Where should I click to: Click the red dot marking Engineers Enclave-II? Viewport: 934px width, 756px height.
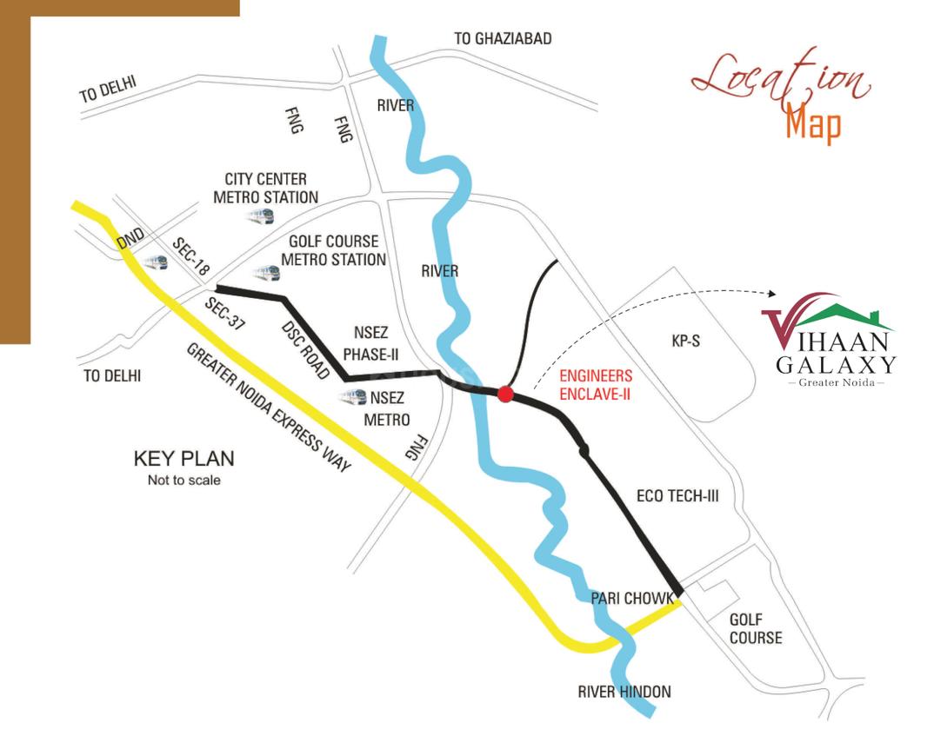click(505, 395)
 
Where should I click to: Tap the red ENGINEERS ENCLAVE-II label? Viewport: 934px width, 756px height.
click(595, 385)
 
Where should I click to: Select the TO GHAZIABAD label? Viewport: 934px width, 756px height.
click(503, 39)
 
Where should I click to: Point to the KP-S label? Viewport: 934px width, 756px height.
click(685, 342)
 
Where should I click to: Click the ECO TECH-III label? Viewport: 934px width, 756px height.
click(677, 496)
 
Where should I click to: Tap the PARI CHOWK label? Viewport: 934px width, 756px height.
click(631, 599)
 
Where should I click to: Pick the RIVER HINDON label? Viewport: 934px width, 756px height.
click(624, 692)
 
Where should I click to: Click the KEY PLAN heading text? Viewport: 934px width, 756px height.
click(183, 459)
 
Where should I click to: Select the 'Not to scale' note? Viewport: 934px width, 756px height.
click(183, 481)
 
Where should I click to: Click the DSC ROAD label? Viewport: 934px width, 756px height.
click(305, 350)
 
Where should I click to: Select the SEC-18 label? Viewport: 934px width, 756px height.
click(190, 258)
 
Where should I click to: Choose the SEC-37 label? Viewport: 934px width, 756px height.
click(224, 315)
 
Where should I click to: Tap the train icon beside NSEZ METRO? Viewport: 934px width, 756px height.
click(353, 397)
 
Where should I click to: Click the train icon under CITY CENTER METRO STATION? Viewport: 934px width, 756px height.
click(260, 216)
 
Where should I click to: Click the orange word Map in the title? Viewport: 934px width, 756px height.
click(813, 123)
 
